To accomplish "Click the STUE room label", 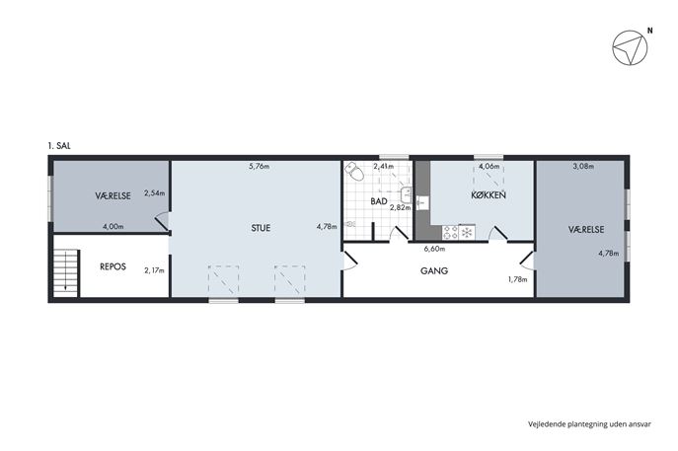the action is coord(261,228).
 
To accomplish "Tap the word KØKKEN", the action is coord(489,195).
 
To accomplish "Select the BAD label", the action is coord(379,201).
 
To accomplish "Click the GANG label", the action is coord(434,271).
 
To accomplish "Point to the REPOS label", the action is coord(113,266).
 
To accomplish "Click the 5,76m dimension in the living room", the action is coord(260,166).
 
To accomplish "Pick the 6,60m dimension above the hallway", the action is coord(434,249).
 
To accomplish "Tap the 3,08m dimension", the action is coord(583,166).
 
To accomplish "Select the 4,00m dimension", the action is coord(113,226).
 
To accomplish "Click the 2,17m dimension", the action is coord(154,270).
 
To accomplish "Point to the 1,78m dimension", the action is coord(517,279).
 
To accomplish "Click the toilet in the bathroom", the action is coord(354,172).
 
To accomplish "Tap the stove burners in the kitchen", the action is coord(450,233).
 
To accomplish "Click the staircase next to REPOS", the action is coord(65,272).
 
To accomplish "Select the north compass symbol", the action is coord(630,48).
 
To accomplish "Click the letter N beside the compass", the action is coord(649,31).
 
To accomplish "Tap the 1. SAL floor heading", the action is coord(59,146).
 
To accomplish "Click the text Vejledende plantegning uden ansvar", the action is coord(589,424).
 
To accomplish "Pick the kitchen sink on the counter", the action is coord(422,202).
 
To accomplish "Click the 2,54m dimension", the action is coord(154,193).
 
